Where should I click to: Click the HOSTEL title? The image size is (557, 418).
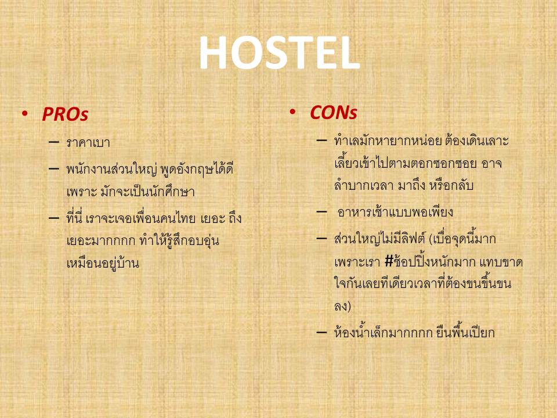[x=280, y=53]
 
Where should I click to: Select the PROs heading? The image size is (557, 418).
[x=65, y=114]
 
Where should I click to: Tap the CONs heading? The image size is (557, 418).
[x=333, y=113]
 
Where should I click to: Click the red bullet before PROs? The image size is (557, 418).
[x=24, y=113]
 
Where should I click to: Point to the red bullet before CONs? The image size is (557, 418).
[x=292, y=112]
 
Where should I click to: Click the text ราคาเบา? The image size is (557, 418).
[x=88, y=143]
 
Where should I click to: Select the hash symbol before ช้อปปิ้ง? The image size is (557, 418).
[x=389, y=262]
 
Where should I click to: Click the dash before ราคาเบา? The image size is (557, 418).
[x=53, y=142]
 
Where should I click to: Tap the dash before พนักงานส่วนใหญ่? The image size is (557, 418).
[x=53, y=168]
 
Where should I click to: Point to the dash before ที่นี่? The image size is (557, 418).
[x=53, y=218]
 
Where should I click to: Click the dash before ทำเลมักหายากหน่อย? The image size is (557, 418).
[x=321, y=140]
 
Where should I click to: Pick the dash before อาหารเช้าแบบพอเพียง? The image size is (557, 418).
[x=321, y=212]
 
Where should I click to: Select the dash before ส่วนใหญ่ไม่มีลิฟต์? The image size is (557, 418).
[x=321, y=238]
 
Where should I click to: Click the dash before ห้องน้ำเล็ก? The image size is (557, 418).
[x=321, y=332]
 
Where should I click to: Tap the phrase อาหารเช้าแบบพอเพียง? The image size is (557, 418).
[x=395, y=212]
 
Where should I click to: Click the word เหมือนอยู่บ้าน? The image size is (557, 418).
[x=103, y=263]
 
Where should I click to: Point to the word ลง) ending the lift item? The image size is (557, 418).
[x=342, y=306]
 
